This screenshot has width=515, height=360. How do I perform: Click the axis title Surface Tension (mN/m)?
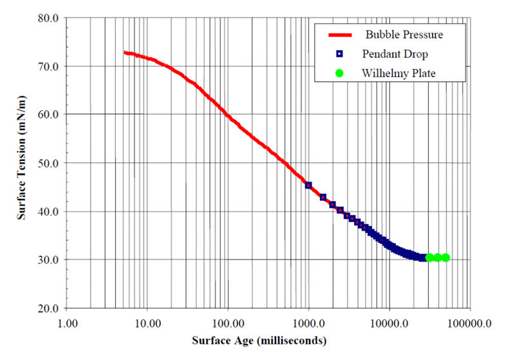coord(22,163)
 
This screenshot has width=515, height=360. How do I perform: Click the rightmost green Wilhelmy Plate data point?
coord(445,258)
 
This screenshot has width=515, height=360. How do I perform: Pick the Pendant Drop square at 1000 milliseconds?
coord(308,185)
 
